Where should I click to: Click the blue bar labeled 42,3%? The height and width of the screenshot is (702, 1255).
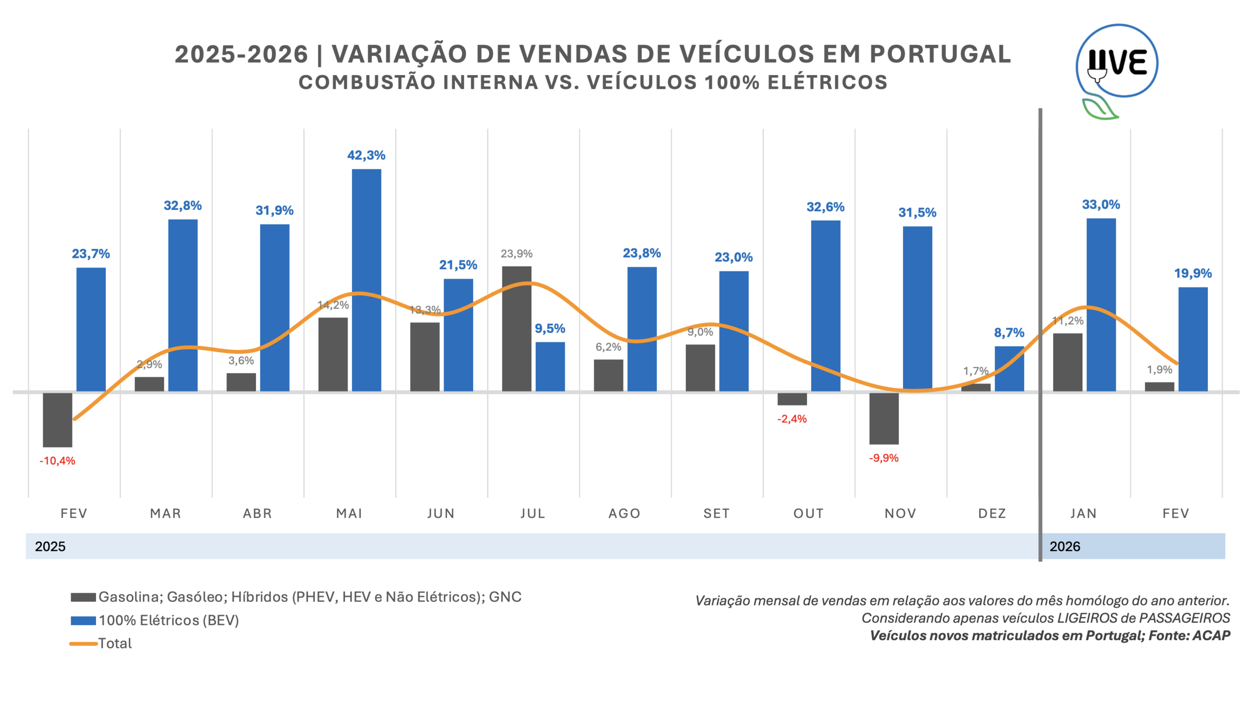366,279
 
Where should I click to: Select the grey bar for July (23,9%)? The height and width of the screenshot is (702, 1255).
516,328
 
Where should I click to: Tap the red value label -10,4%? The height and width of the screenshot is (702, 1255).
57,461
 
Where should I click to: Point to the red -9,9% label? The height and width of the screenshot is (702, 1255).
883,458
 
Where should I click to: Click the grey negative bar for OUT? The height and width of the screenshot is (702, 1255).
792,399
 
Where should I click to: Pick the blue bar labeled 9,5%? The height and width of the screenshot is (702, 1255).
550,366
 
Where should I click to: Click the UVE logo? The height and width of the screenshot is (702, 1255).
1116,64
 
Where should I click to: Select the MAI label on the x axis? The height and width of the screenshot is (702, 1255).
349,513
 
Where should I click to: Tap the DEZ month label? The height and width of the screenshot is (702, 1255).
992,513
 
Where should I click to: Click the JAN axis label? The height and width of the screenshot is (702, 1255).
1083,513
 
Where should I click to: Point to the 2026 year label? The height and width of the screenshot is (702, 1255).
1065,546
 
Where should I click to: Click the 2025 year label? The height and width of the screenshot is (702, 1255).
50,546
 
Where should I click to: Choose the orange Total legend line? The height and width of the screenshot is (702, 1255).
83,643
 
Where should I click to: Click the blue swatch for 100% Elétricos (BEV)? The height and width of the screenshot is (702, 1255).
83,621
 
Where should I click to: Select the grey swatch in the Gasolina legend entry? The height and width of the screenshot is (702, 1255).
83,597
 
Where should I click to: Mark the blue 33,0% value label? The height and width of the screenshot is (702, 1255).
1101,204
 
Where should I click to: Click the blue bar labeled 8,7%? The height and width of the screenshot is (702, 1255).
1009,369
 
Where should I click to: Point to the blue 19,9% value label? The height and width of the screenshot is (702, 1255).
1192,273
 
